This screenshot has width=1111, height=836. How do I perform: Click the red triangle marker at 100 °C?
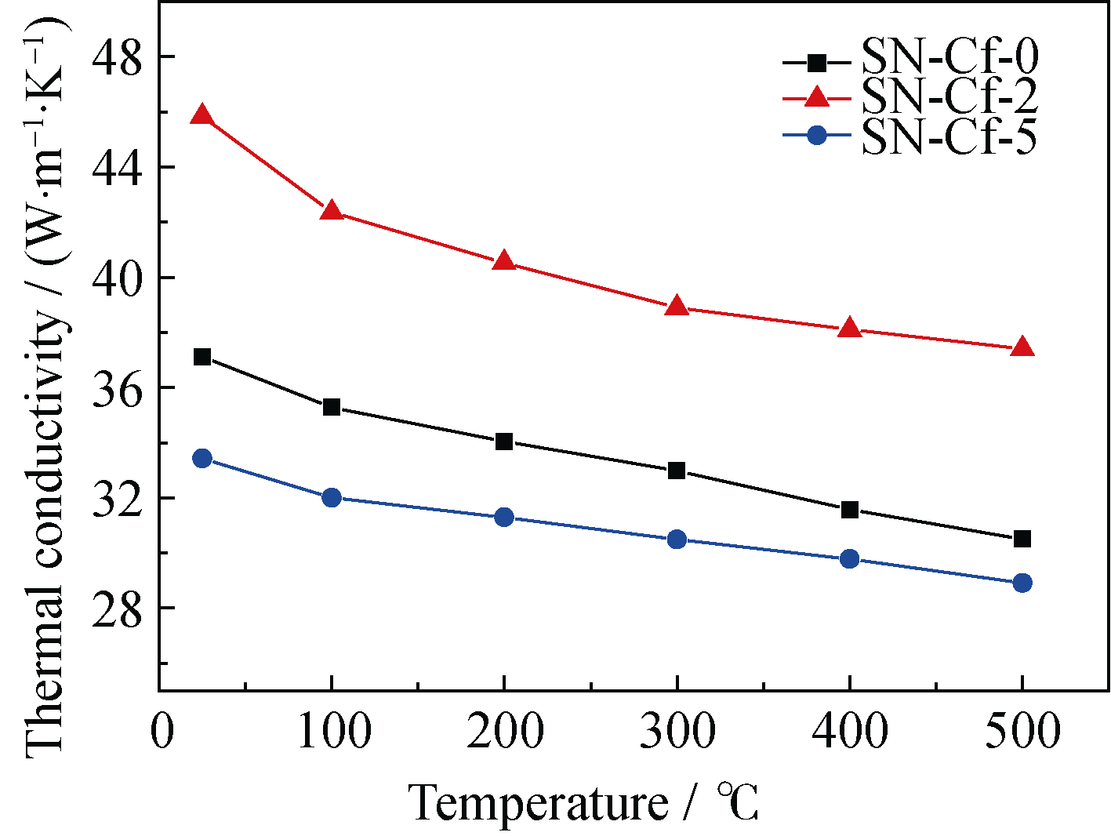coord(332,211)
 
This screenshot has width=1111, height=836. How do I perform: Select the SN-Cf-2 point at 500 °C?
coord(1022,347)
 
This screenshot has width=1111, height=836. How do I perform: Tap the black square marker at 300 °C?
coord(677,471)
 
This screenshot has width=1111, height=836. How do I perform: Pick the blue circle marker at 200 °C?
coord(504,517)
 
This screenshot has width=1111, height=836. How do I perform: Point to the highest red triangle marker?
coord(202,115)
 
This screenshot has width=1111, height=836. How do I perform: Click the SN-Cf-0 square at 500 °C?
coord(1022,539)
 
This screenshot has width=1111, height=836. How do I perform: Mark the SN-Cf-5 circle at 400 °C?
coord(849,558)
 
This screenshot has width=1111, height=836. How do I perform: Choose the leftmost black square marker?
coord(202,357)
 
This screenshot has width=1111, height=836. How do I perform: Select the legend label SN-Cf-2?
coord(949,97)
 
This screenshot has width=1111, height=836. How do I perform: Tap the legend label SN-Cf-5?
coord(949,136)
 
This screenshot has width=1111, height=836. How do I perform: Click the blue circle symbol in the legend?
coord(817,136)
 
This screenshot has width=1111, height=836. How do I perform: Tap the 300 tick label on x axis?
coord(677,731)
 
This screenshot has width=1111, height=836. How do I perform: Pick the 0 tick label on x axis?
coord(161,731)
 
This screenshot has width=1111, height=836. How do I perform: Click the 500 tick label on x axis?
coord(1022,731)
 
